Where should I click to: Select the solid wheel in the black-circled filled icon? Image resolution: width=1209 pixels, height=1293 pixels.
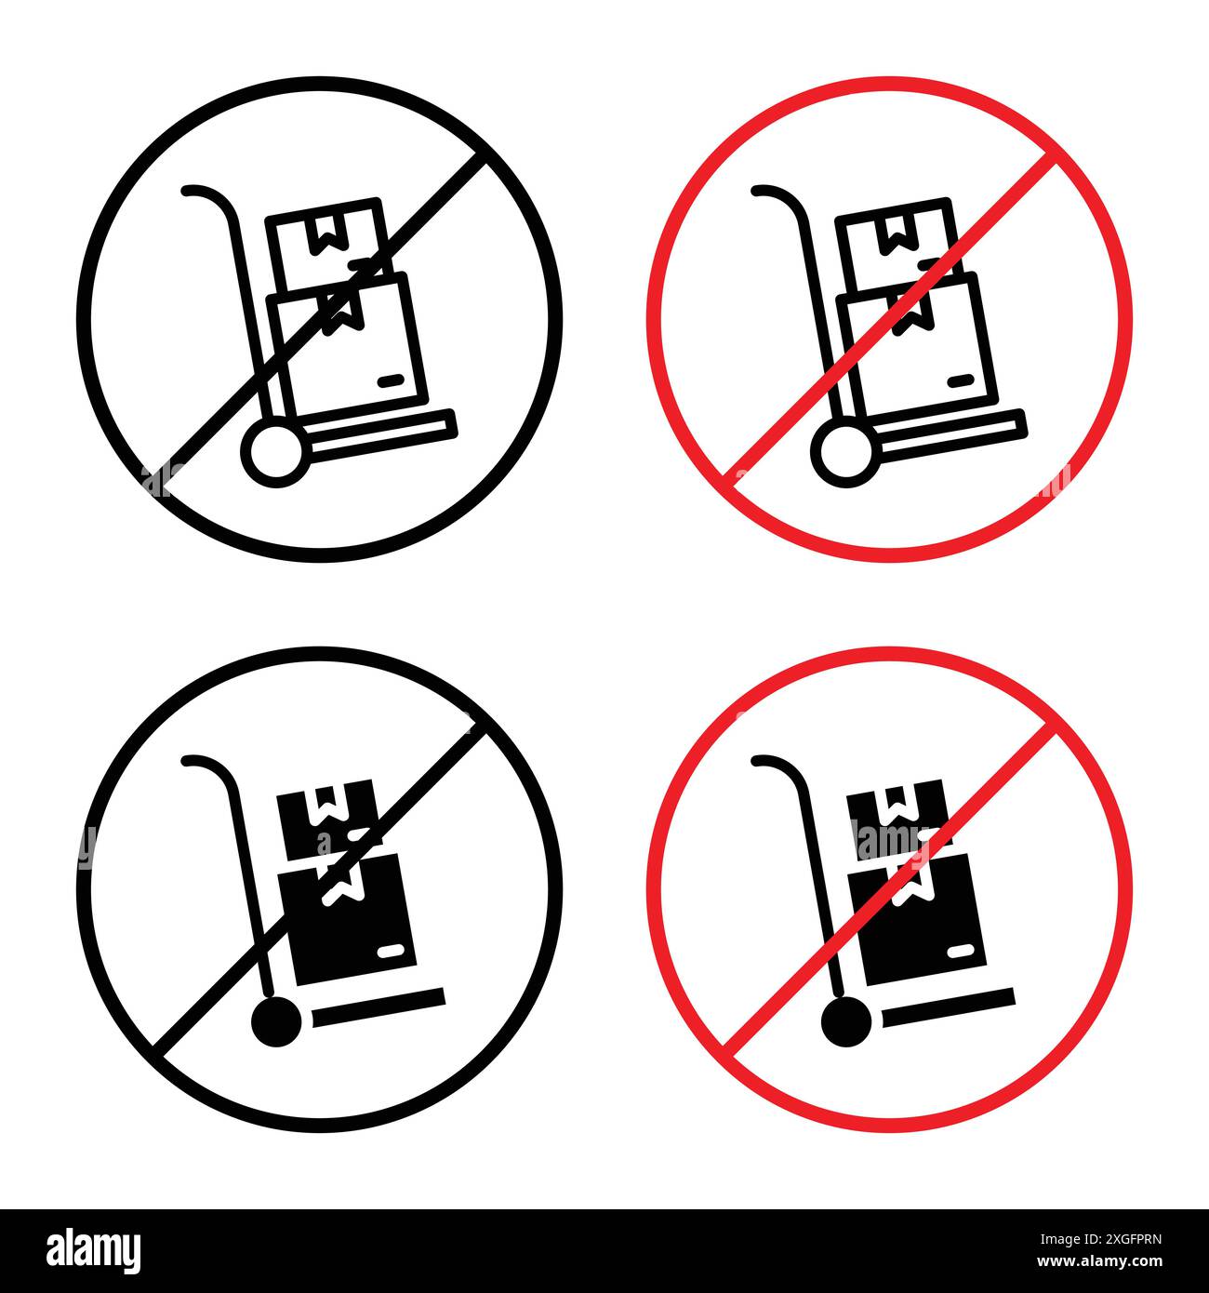(277, 1023)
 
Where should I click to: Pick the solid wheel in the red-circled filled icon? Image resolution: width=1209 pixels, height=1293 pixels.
(846, 1023)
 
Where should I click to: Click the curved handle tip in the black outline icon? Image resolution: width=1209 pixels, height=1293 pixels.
(189, 193)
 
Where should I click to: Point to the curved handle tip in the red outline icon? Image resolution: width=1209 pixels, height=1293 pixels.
(758, 193)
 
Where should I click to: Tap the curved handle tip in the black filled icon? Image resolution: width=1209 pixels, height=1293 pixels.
(189, 762)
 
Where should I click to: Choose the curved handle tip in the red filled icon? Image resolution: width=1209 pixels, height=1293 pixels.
(758, 762)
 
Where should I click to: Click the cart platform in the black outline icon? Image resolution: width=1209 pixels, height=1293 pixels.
(381, 434)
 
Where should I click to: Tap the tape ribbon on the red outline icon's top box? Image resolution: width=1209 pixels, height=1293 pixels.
(895, 235)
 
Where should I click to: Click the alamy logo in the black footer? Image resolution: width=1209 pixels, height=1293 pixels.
(94, 1249)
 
